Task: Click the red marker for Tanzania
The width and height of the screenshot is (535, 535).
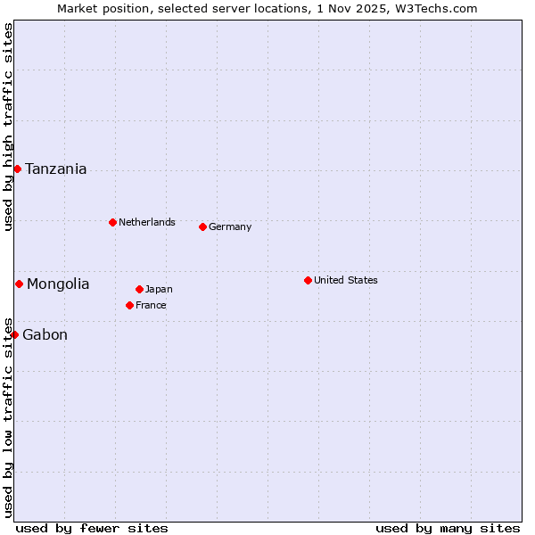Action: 17,169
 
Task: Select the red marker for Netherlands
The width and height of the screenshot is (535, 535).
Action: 112,222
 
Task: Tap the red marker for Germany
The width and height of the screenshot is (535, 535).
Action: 202,226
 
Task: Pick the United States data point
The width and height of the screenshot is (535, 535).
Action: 308,280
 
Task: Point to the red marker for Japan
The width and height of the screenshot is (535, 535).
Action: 139,289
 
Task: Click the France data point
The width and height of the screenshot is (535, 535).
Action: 129,305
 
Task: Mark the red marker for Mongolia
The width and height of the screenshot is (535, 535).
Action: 19,284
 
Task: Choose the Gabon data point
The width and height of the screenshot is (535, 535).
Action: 14,334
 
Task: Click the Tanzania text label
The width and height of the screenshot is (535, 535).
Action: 55,169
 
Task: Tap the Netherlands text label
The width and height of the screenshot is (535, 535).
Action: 146,222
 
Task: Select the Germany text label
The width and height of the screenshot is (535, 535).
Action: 230,226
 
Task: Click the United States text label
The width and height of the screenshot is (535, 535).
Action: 345,280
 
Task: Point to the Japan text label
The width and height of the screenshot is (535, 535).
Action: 159,289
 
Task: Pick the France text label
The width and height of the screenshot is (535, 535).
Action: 151,305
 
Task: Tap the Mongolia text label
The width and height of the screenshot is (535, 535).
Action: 58,284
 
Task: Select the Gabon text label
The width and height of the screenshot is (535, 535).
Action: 45,335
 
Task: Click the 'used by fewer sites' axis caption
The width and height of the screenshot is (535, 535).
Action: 92,528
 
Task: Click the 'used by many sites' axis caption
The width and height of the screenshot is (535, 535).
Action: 448,528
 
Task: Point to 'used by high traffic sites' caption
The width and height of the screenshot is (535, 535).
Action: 8,127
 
